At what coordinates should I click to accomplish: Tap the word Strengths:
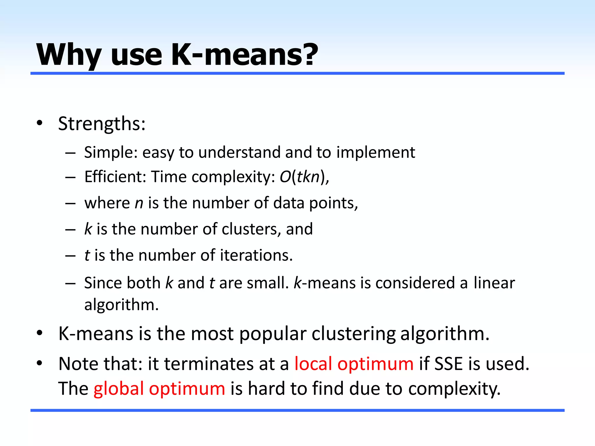pyautogui.click(x=102, y=124)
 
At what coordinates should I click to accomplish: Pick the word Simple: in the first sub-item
pyautogui.click(x=111, y=152)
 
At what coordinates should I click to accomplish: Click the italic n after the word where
pyautogui.click(x=139, y=203)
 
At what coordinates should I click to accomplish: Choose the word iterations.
pyautogui.click(x=256, y=256)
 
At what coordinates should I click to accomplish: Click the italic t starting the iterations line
pyautogui.click(x=87, y=256)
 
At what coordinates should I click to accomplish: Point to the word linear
pyautogui.click(x=494, y=283)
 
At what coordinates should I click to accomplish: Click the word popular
pyautogui.click(x=273, y=334)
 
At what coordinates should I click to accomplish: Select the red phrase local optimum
pyautogui.click(x=354, y=364)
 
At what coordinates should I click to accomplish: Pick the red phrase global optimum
pyautogui.click(x=159, y=389)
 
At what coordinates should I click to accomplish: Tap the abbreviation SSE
pyautogui.click(x=448, y=364)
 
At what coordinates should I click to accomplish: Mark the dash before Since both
pyautogui.click(x=71, y=283)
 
